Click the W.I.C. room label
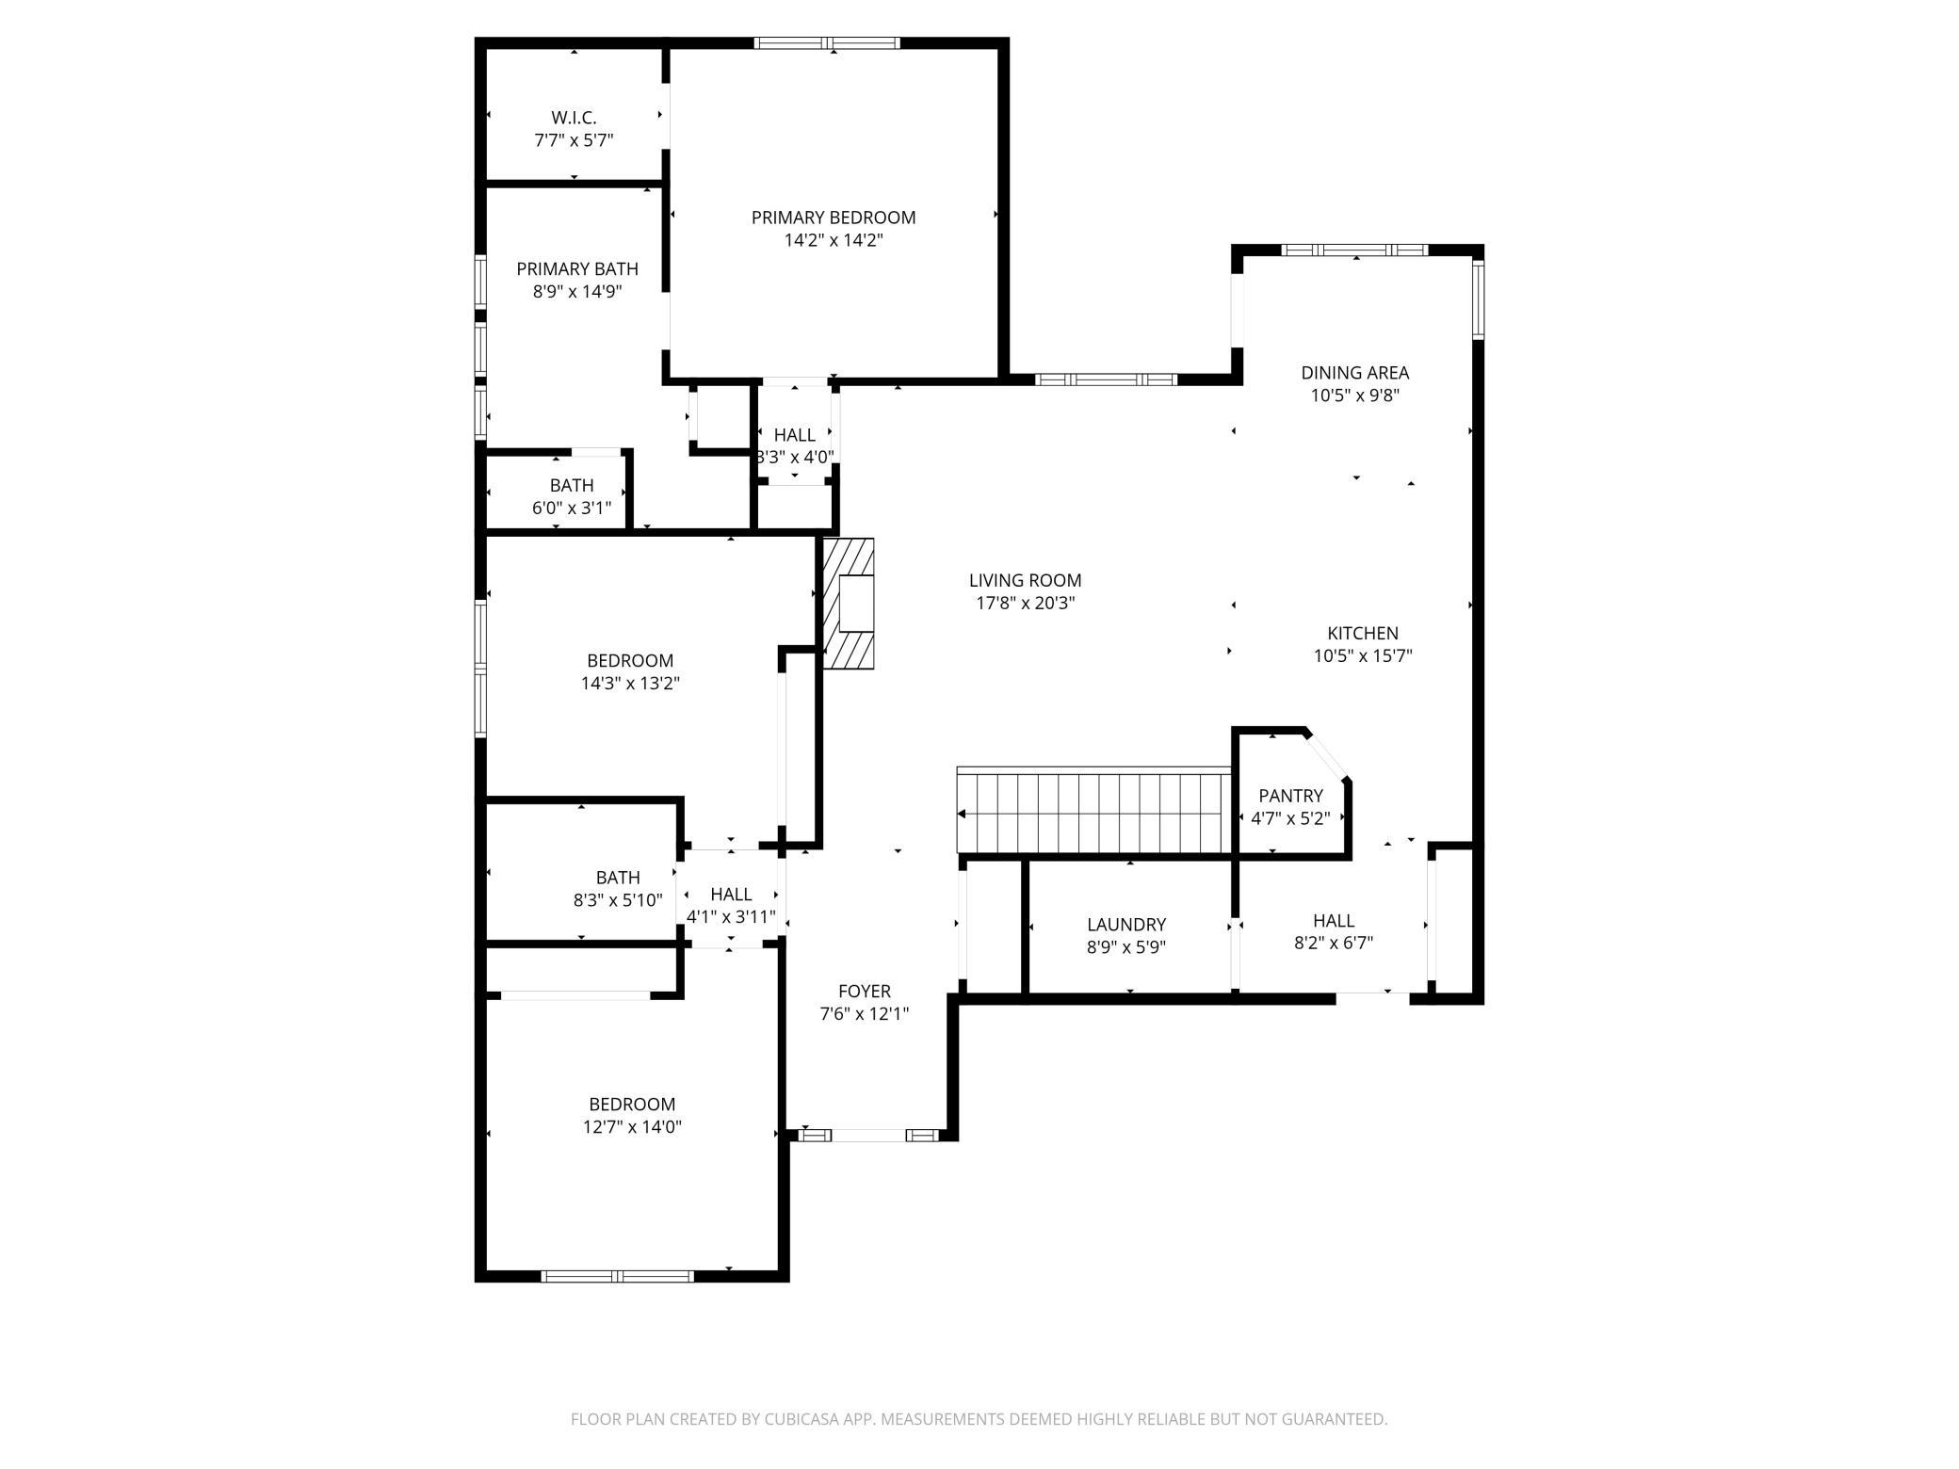(x=574, y=118)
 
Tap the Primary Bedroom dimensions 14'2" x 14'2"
(x=834, y=240)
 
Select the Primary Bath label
(x=577, y=269)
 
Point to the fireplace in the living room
(x=849, y=604)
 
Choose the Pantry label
(x=1290, y=796)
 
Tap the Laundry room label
(x=1126, y=925)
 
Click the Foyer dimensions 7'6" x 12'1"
(x=865, y=1014)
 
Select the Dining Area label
(x=1355, y=373)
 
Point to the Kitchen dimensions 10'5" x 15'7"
(x=1363, y=656)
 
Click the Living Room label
(x=1026, y=581)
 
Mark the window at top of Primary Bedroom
(x=827, y=42)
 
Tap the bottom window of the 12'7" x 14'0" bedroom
(x=618, y=1276)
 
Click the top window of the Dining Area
(x=1355, y=250)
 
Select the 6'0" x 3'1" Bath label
(x=572, y=486)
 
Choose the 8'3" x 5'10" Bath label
(x=618, y=878)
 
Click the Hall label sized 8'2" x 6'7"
(x=1334, y=921)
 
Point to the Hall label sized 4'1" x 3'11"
(x=731, y=895)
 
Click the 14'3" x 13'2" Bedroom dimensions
(x=630, y=684)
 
